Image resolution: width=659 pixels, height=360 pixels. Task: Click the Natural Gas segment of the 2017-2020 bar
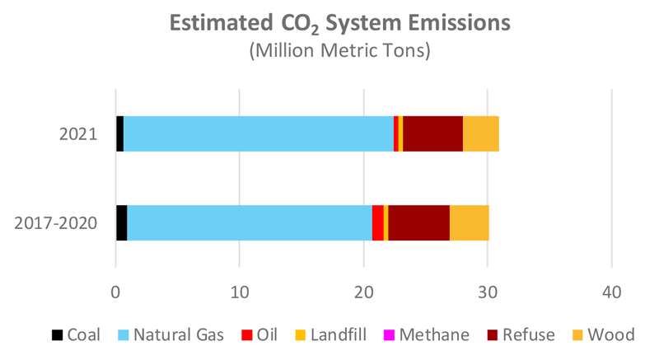(249, 222)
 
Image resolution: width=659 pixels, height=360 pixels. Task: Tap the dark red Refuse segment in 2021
(432, 134)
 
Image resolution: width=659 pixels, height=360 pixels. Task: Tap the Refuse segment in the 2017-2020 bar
(418, 222)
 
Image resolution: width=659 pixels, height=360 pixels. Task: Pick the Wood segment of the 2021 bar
(480, 134)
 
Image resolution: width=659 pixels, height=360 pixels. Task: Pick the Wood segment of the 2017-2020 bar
(469, 222)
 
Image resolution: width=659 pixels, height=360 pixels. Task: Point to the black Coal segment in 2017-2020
(121, 222)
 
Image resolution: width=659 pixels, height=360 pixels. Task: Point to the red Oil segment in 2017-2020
(377, 222)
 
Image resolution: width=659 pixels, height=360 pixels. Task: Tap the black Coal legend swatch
(58, 335)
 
